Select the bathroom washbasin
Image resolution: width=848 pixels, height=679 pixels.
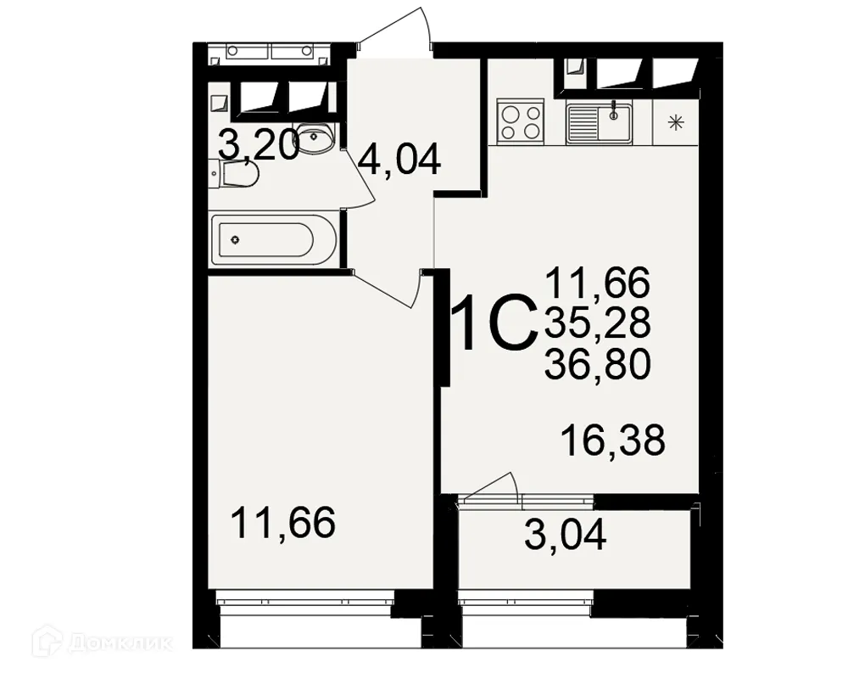[319, 138]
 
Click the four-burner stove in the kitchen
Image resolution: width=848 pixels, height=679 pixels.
[520, 121]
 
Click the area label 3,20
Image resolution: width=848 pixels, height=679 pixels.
[258, 145]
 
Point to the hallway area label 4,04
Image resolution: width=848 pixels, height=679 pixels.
[399, 159]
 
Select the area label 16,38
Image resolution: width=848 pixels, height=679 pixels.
[612, 441]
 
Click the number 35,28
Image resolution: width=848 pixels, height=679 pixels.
[598, 322]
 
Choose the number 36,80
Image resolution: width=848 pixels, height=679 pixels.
[598, 364]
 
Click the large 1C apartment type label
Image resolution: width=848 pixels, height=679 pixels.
[495, 323]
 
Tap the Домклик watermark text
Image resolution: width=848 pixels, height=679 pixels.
[119, 643]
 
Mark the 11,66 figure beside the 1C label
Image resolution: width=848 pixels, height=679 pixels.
[598, 281]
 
